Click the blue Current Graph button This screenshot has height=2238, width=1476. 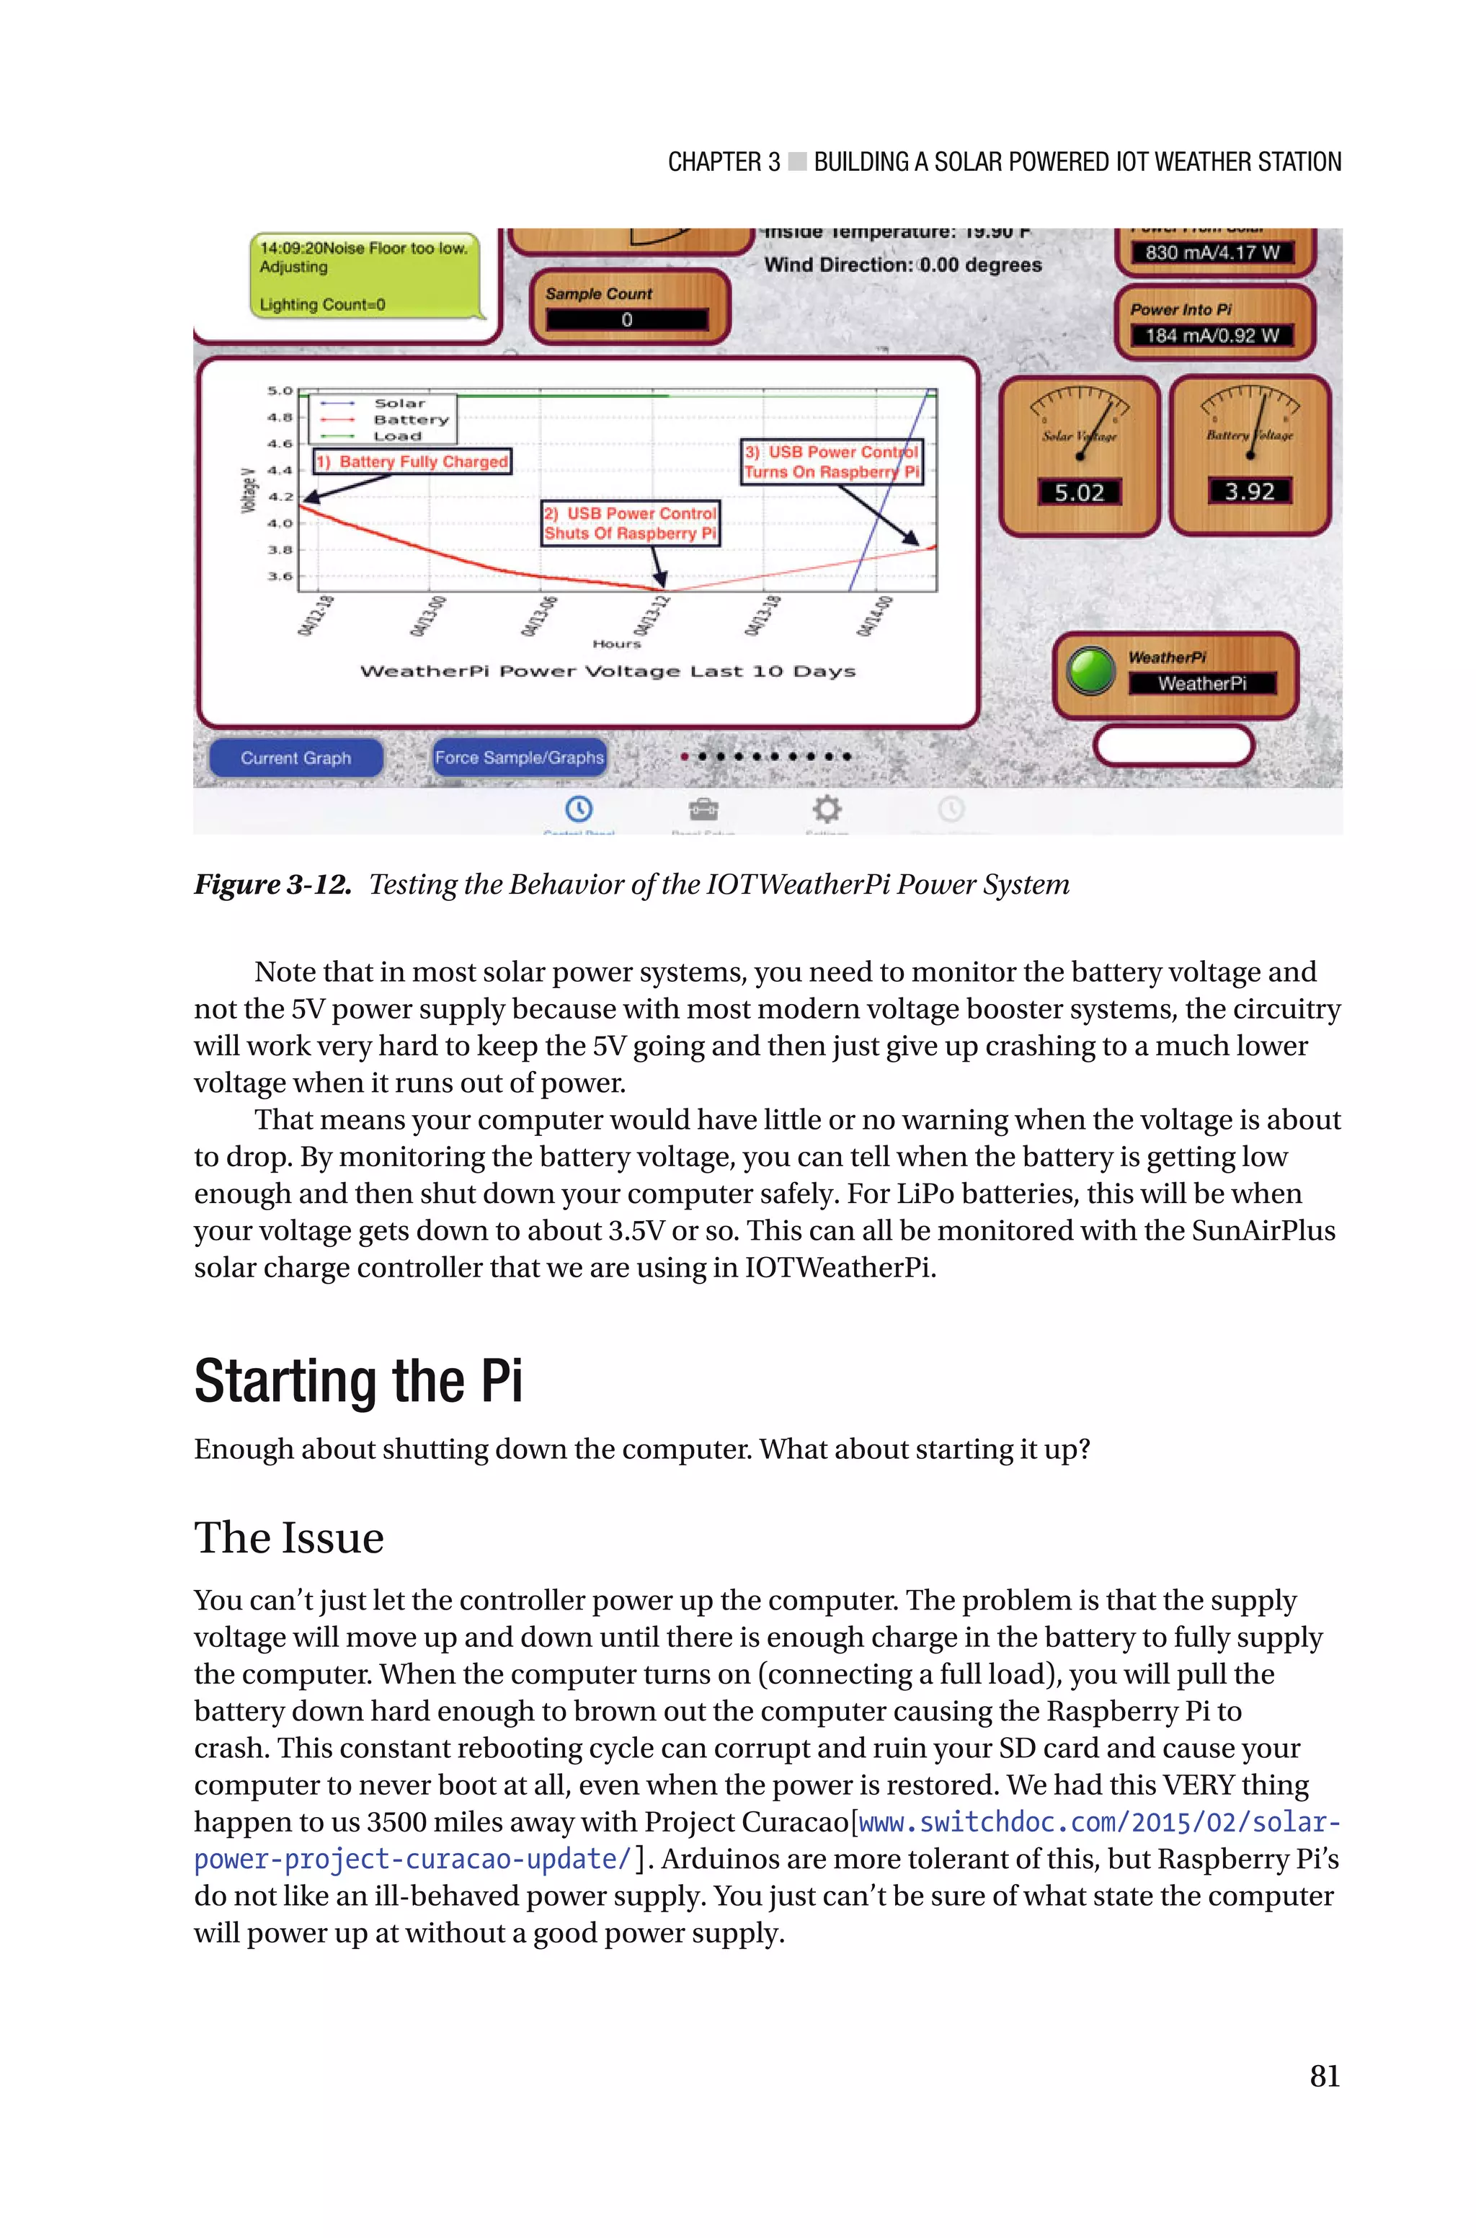coord(295,758)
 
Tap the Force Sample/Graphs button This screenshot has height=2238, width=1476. coord(519,758)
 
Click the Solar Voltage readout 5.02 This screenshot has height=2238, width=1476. coord(1079,492)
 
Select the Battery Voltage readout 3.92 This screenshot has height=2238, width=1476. coord(1249,492)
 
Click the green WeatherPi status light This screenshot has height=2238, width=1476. coord(1092,671)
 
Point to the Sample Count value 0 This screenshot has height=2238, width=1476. coord(627,320)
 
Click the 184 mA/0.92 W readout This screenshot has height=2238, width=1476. coord(1212,336)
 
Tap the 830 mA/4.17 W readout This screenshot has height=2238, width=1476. coord(1212,253)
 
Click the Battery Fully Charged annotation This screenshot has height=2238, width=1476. coord(413,461)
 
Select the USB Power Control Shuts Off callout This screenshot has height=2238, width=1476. coord(631,523)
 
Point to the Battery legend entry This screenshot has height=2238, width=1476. coord(410,419)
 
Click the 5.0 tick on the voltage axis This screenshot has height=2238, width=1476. coord(280,391)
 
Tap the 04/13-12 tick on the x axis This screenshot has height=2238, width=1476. coord(653,616)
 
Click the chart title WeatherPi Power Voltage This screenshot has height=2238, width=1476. coord(607,671)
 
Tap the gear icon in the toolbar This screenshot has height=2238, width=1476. coord(827,809)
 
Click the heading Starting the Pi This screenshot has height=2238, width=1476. coord(357,1382)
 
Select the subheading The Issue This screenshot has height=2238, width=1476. coord(289,1538)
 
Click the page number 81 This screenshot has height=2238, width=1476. coord(1323,2075)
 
